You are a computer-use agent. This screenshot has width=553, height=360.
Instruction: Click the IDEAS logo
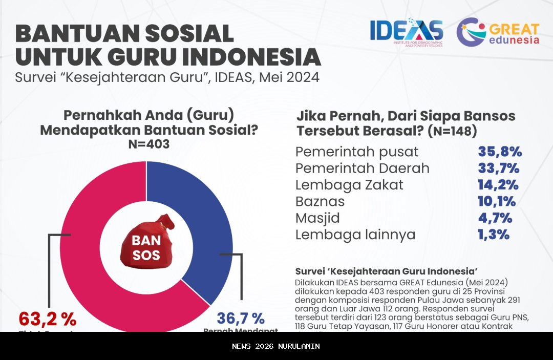(x=407, y=33)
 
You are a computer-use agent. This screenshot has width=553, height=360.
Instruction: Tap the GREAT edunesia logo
(x=498, y=33)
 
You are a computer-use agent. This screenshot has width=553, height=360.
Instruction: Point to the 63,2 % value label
(x=48, y=319)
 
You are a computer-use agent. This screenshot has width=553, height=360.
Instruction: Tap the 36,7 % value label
(x=241, y=319)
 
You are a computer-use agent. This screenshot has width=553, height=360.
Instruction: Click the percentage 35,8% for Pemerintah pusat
(x=500, y=152)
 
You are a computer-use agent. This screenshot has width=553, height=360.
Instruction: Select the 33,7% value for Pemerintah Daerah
(x=499, y=168)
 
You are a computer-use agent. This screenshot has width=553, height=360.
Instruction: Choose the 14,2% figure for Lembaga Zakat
(x=498, y=185)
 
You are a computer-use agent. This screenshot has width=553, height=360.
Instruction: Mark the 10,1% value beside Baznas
(x=497, y=201)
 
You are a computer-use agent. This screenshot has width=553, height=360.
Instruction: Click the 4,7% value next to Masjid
(x=495, y=218)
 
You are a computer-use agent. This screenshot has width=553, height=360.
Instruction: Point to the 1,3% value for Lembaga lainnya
(x=494, y=235)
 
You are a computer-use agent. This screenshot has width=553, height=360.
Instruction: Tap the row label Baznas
(x=320, y=201)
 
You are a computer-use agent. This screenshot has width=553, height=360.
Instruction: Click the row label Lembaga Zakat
(x=349, y=185)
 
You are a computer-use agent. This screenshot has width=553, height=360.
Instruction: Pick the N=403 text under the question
(x=148, y=144)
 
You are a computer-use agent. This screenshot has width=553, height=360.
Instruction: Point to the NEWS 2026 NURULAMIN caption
(x=276, y=346)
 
